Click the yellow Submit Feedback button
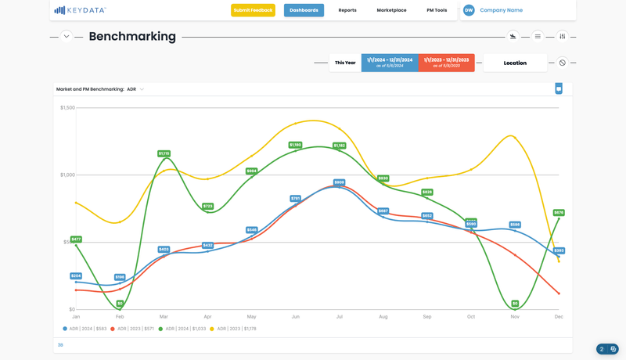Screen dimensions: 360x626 pyautogui.click(x=253, y=10)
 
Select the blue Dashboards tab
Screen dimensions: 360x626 pyautogui.click(x=304, y=10)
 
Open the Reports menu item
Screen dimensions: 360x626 pyautogui.click(x=347, y=10)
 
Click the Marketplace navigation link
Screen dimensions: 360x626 pyautogui.click(x=391, y=10)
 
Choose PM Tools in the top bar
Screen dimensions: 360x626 pyautogui.click(x=437, y=10)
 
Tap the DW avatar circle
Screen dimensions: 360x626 pyautogui.click(x=469, y=10)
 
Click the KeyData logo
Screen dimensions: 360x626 pyautogui.click(x=80, y=10)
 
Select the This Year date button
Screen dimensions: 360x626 pyautogui.click(x=345, y=63)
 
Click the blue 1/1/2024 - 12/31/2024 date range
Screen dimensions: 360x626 pyautogui.click(x=390, y=63)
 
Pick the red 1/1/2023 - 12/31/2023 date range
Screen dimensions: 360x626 pyautogui.click(x=446, y=63)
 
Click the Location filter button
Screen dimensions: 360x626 pyautogui.click(x=515, y=63)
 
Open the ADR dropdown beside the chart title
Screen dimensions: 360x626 pyautogui.click(x=135, y=89)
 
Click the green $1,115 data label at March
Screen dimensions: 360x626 pyautogui.click(x=164, y=153)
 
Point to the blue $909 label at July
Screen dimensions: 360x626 pyautogui.click(x=339, y=182)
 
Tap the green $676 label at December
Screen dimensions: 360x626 pyautogui.click(x=559, y=212)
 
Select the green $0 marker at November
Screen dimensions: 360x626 pyautogui.click(x=515, y=303)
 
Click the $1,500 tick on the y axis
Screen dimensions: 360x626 pyautogui.click(x=67, y=107)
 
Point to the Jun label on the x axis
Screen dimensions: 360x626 pyautogui.click(x=295, y=317)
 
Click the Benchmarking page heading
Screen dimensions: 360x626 pyautogui.click(x=132, y=37)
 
